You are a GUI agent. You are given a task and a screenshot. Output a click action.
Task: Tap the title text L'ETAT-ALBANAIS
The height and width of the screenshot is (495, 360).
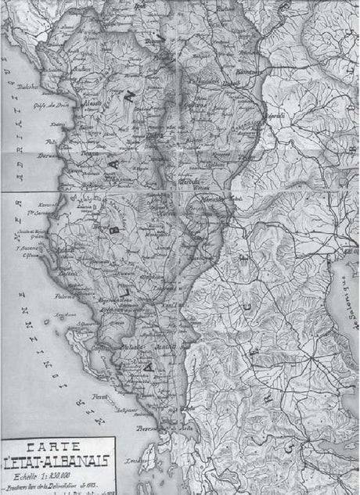click(x=56, y=461)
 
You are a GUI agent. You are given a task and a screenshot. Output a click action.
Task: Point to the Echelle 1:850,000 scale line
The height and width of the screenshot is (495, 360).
click(x=56, y=475)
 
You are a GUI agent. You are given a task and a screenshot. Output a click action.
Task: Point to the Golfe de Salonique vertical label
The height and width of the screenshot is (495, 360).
click(x=343, y=297)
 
